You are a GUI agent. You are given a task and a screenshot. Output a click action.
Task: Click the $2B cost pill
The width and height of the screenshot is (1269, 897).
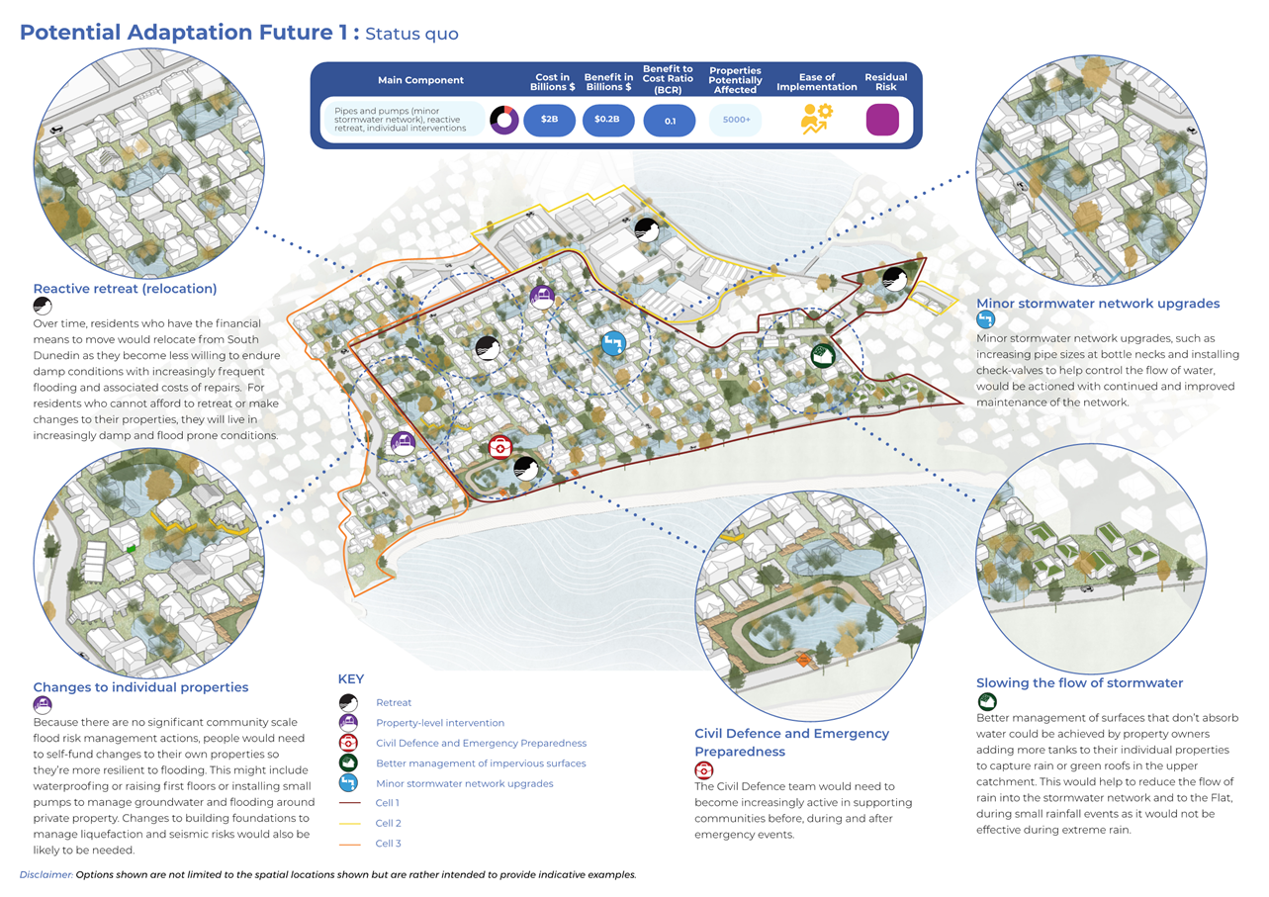[549, 120]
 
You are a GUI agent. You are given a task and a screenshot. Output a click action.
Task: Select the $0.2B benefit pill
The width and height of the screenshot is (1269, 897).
[607, 120]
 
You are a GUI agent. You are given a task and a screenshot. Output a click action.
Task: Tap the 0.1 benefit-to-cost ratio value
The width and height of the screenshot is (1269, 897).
[670, 120]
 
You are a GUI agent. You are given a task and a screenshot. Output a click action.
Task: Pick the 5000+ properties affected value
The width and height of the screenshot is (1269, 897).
[736, 120]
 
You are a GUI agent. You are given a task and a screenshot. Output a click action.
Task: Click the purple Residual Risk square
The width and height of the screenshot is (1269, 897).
[882, 120]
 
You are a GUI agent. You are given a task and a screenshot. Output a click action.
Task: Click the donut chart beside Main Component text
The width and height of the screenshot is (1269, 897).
[504, 120]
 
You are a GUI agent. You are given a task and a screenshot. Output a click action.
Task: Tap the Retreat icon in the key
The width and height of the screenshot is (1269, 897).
[347, 702]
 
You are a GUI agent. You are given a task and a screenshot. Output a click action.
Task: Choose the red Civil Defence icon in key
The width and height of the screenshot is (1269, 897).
[347, 743]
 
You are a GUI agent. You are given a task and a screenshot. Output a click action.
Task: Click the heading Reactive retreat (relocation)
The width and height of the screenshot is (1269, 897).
[125, 289]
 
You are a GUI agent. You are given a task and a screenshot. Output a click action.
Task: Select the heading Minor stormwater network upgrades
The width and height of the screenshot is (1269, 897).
[1098, 304]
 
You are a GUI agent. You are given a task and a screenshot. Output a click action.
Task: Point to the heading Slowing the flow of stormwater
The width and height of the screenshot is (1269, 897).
[1079, 683]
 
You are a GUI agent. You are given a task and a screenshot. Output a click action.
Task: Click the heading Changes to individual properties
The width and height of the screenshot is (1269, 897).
[140, 687]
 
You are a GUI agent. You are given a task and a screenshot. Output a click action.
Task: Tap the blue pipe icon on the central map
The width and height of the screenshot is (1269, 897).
[613, 343]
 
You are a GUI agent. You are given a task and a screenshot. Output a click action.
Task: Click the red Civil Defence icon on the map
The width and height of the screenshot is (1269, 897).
[501, 447]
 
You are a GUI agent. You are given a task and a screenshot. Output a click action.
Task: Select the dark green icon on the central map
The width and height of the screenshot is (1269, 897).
[821, 355]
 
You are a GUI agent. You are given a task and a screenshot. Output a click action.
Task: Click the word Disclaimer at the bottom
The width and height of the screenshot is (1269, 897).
[46, 875]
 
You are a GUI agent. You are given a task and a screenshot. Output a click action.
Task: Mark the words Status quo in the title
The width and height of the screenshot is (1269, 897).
[411, 34]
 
